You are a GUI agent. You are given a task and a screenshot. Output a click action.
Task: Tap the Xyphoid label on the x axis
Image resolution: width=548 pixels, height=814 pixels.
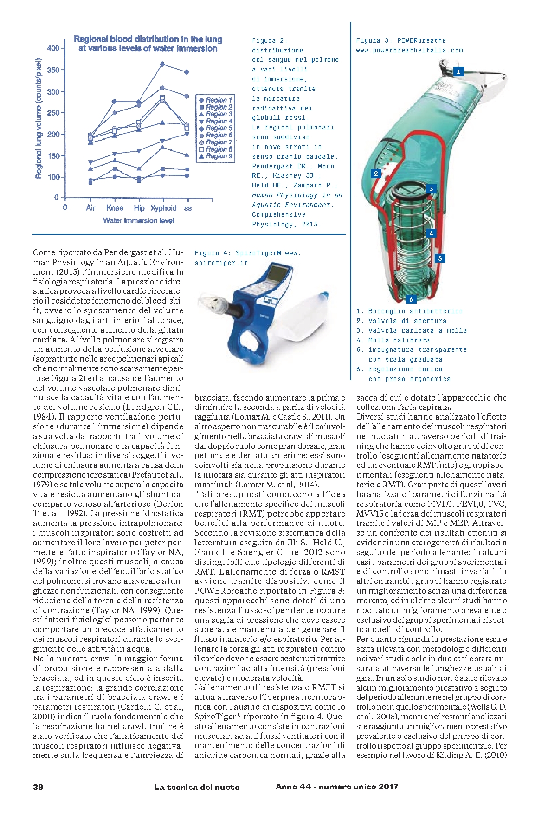(x=163, y=208)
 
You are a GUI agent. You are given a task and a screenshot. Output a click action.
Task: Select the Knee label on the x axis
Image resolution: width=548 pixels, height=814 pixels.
(x=115, y=208)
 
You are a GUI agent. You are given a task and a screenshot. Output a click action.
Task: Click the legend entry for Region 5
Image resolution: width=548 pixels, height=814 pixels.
(x=216, y=128)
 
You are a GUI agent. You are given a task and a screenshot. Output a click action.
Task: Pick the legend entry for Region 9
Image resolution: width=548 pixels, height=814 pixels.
(x=216, y=156)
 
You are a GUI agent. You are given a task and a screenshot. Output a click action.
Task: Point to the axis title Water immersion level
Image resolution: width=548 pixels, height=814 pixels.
(x=138, y=221)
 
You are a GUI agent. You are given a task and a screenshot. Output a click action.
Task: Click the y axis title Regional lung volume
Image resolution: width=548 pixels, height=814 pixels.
(x=39, y=118)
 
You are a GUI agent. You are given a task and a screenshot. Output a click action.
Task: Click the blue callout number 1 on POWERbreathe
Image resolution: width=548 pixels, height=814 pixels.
(x=458, y=71)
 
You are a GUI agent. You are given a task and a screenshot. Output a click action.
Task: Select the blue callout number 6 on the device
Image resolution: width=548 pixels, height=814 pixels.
(x=411, y=299)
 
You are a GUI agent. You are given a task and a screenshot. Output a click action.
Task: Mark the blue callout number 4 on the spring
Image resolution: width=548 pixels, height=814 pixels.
(x=431, y=233)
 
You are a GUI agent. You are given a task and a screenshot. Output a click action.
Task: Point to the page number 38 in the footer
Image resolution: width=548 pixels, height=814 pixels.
(x=38, y=787)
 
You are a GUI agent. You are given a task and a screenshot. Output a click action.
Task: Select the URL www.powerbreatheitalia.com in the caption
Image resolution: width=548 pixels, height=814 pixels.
(x=410, y=50)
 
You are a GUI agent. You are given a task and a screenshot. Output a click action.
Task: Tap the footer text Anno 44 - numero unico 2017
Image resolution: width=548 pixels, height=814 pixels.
(x=337, y=786)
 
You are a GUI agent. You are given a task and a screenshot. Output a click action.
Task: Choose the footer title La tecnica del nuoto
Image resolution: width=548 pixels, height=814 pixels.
(x=197, y=787)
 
